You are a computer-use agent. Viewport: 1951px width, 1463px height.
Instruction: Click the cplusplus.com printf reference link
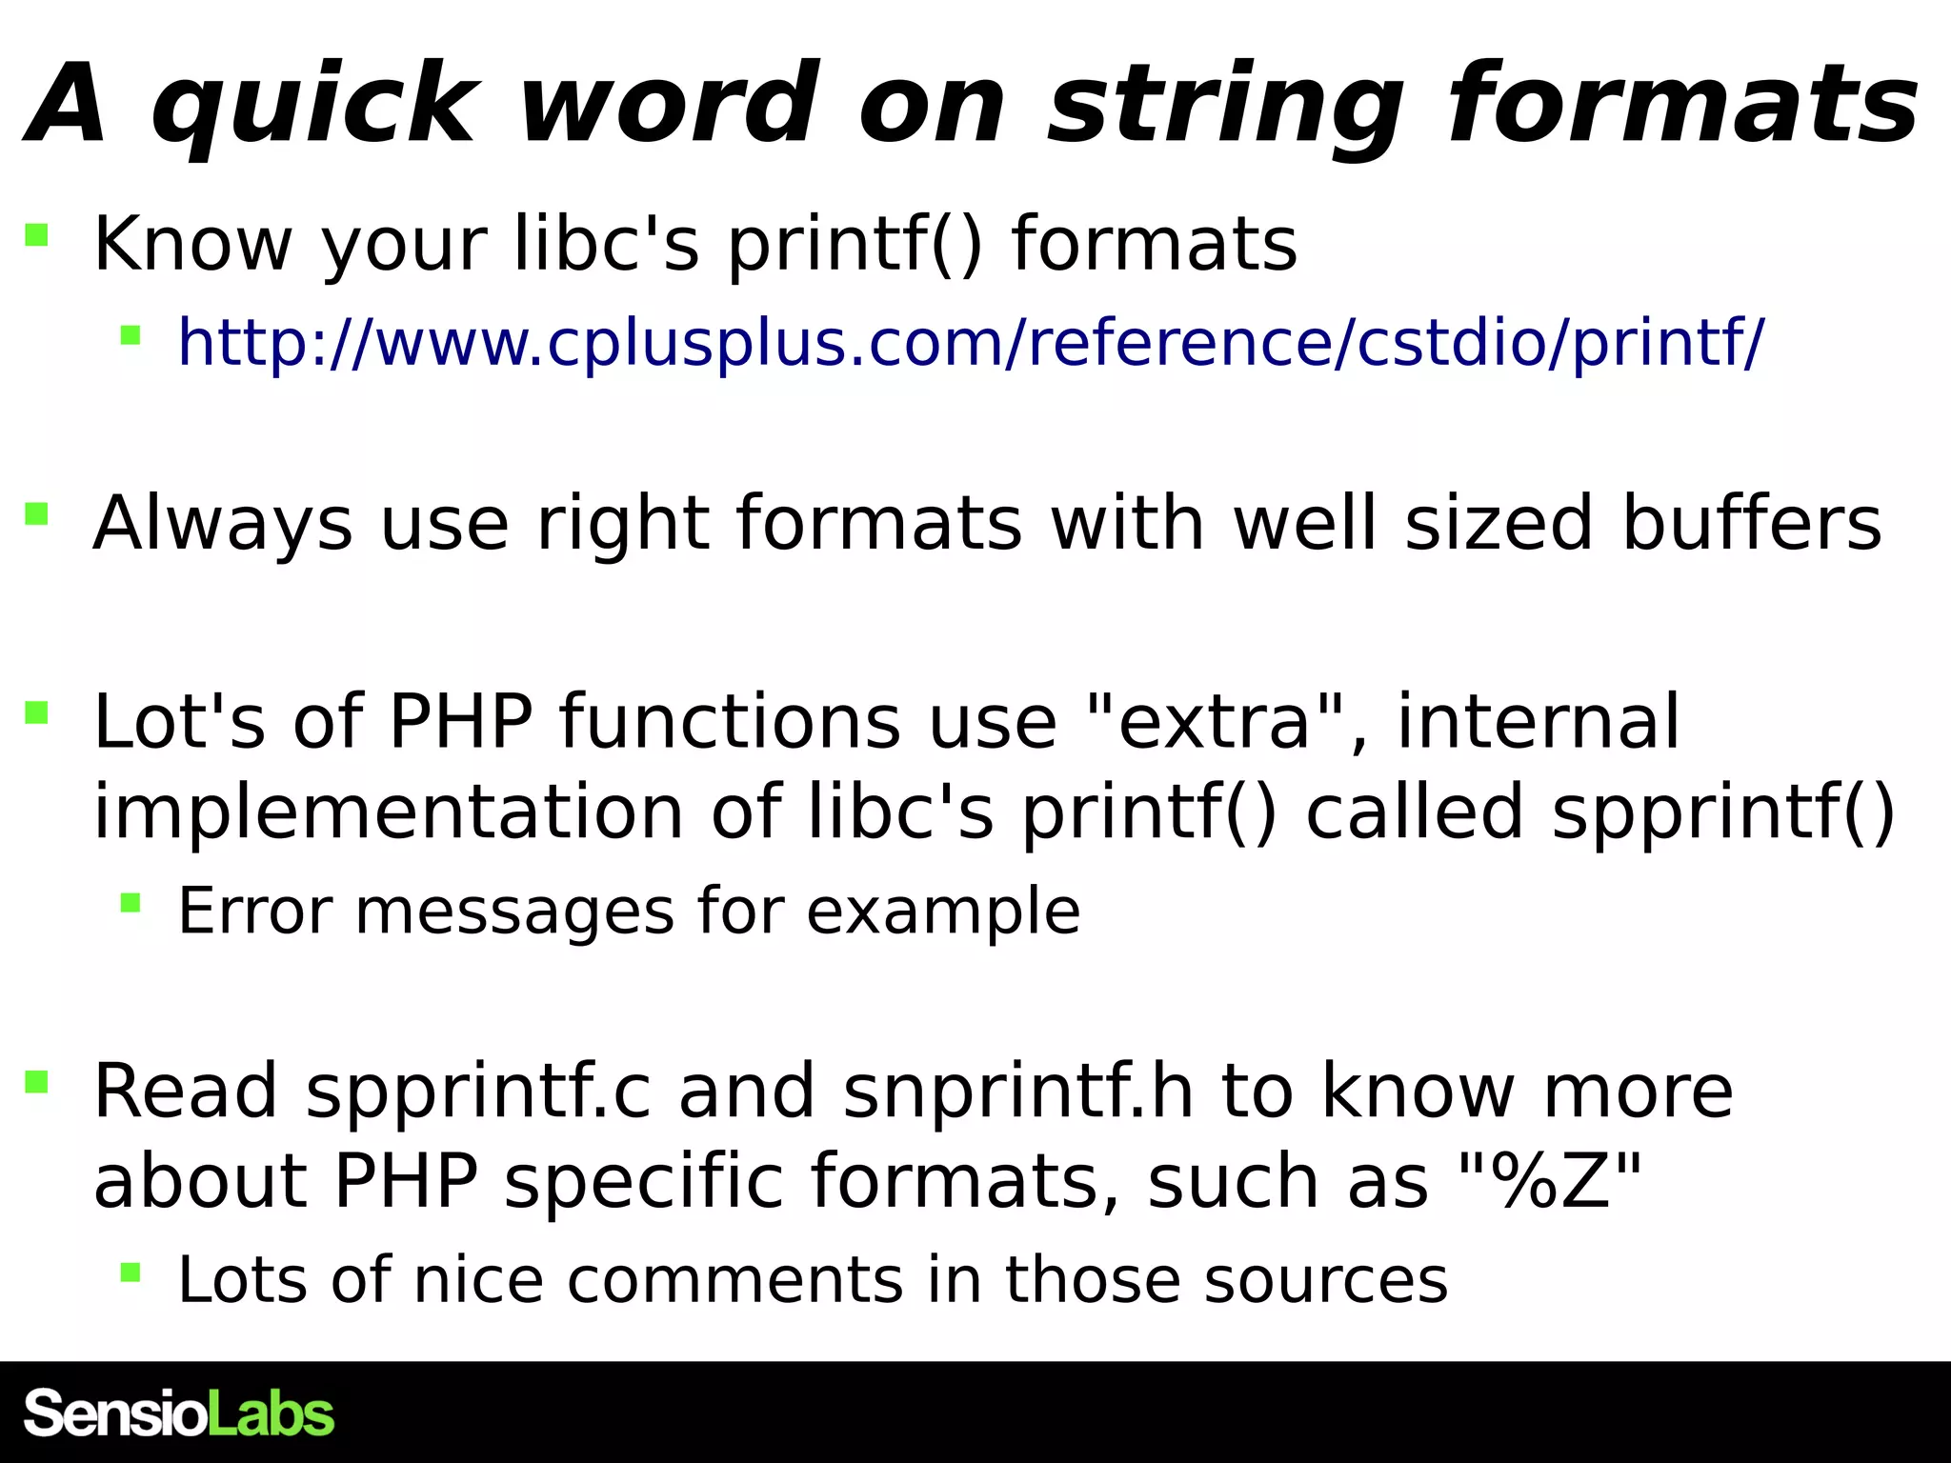[x=971, y=342]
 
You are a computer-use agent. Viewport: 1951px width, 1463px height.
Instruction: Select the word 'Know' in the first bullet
[x=193, y=244]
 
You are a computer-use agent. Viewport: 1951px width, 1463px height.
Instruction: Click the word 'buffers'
[x=1752, y=523]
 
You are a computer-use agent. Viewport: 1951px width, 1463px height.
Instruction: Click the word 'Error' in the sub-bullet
[x=254, y=912]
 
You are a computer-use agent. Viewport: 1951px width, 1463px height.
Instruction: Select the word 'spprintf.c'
[x=479, y=1092]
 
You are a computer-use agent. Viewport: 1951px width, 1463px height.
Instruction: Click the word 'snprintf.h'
[x=1018, y=1092]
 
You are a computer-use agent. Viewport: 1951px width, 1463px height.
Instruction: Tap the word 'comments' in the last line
[x=734, y=1279]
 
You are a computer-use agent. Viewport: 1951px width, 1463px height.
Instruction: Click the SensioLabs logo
[x=179, y=1413]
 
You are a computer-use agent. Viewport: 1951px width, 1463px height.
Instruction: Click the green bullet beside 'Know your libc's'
[x=37, y=234]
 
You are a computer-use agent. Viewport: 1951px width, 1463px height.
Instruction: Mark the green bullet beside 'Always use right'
[x=37, y=514]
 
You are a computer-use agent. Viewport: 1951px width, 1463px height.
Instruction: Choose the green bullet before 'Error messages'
[x=131, y=902]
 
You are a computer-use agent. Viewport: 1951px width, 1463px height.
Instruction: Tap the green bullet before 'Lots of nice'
[x=131, y=1271]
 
